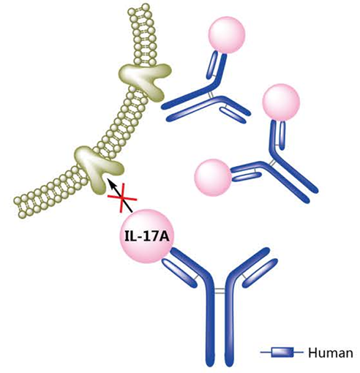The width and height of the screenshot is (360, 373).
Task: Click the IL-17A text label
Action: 146,237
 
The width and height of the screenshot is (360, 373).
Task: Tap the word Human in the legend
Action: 331,353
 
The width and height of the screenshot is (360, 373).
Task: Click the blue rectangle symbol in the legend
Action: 282,353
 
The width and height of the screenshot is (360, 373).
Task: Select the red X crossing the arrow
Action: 122,197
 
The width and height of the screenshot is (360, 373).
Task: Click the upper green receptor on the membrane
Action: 144,79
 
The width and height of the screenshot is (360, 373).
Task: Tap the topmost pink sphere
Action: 227,35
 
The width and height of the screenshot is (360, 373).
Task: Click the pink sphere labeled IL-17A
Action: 146,236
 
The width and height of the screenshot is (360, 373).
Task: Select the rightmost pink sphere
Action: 281,102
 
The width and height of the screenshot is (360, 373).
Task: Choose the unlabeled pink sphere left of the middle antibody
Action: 213,178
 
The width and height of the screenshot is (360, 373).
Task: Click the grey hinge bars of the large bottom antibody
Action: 220,290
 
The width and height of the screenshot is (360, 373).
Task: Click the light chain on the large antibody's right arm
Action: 260,272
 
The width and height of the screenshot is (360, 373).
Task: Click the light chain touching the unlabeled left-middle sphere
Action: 247,177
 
